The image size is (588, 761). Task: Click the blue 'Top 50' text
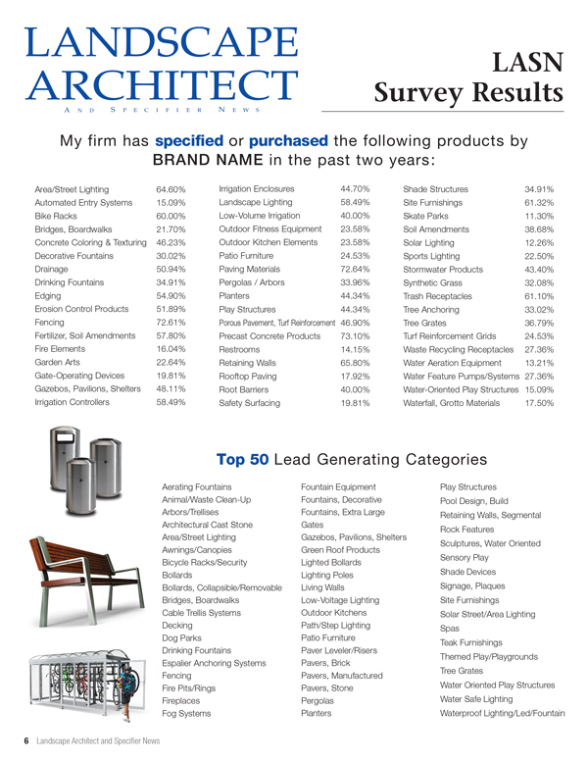click(244, 459)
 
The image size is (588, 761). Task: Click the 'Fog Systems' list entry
click(186, 713)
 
